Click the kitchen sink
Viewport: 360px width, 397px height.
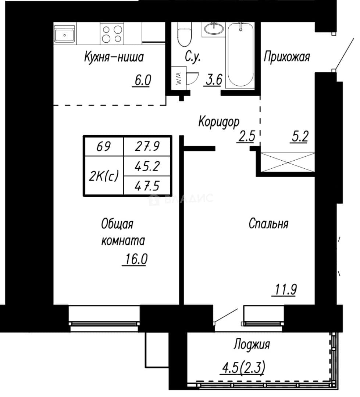click(65, 35)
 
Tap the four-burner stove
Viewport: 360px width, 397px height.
click(112, 34)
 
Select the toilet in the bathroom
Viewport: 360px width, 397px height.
click(184, 34)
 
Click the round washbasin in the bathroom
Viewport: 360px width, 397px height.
click(214, 28)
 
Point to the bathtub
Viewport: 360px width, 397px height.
click(240, 55)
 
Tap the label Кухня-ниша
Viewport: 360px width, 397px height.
click(114, 57)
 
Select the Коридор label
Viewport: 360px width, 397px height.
click(219, 122)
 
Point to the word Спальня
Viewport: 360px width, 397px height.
click(268, 223)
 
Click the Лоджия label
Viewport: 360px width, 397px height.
click(252, 344)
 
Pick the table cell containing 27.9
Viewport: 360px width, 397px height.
click(147, 146)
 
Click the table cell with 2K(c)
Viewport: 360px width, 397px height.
click(104, 176)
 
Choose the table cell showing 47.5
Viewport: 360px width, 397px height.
click(147, 186)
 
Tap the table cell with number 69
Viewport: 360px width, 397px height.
click(104, 146)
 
